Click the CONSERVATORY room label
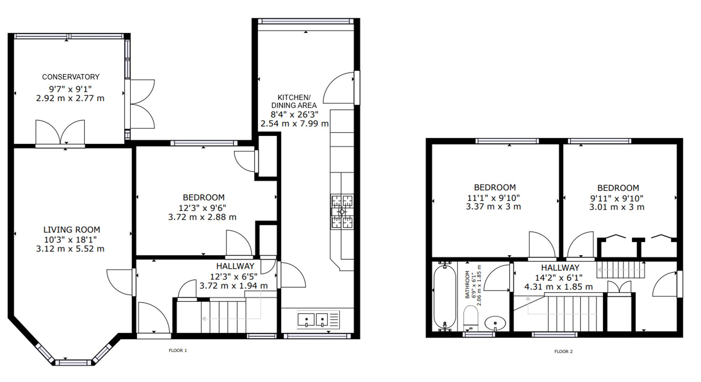[71, 77]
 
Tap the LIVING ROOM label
[72, 230]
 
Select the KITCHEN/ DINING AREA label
[294, 101]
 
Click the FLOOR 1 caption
[178, 350]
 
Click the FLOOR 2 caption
[563, 352]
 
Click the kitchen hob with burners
[342, 212]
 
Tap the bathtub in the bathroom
[444, 296]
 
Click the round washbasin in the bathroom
[495, 323]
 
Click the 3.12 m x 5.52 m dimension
[70, 249]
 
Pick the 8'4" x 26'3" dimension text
[294, 114]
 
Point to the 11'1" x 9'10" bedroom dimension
[494, 198]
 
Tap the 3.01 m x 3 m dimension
[617, 207]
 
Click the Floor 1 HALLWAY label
[235, 266]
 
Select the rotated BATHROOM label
[467, 285]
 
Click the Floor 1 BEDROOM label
[204, 197]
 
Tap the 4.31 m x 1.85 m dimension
[559, 287]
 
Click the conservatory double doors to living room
[60, 133]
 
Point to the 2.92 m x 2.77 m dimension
[70, 98]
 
